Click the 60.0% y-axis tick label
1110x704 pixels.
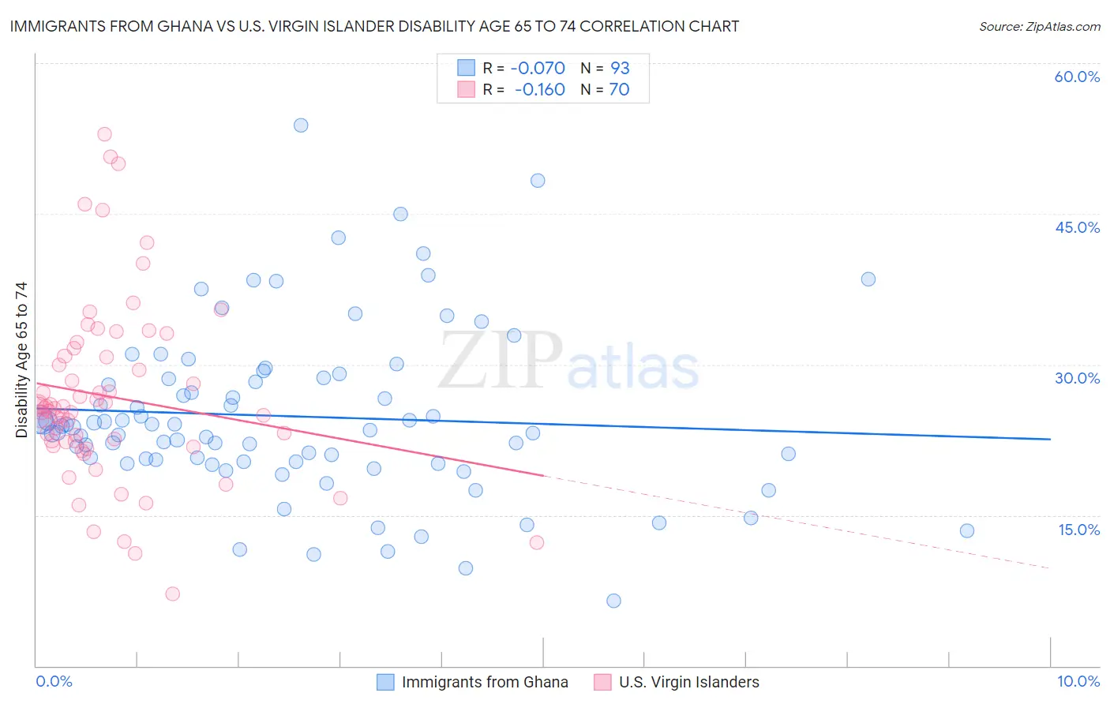click(x=1077, y=77)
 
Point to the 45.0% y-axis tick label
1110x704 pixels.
click(x=1077, y=227)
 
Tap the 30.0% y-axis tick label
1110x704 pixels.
click(x=1077, y=378)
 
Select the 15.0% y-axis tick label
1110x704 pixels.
click(x=1078, y=530)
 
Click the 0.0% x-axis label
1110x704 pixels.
click(x=54, y=681)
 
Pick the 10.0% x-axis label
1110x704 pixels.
click(x=1078, y=681)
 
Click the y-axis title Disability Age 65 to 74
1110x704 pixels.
click(x=21, y=360)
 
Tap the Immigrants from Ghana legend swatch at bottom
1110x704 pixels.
click(x=384, y=682)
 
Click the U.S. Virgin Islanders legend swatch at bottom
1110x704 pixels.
click(x=602, y=682)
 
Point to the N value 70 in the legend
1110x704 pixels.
click(x=619, y=90)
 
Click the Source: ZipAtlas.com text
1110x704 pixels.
click(x=1039, y=26)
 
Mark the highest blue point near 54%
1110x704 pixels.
click(x=301, y=125)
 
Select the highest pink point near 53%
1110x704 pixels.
click(x=104, y=134)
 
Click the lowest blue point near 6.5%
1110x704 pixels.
click(x=613, y=601)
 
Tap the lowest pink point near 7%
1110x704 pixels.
click(x=172, y=594)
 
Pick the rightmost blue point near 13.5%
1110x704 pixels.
click(x=967, y=530)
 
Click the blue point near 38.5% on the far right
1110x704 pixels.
click(x=868, y=279)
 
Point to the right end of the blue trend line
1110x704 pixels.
click(x=1050, y=439)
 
